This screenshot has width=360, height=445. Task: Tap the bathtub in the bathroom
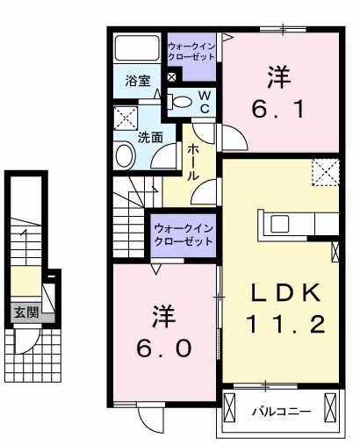tap(136, 49)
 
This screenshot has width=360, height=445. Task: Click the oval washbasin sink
tap(124, 156)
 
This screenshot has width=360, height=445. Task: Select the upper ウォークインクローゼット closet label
tap(191, 49)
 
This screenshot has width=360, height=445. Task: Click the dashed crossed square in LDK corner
tap(326, 172)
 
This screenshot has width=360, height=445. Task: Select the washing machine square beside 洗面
tap(125, 117)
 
